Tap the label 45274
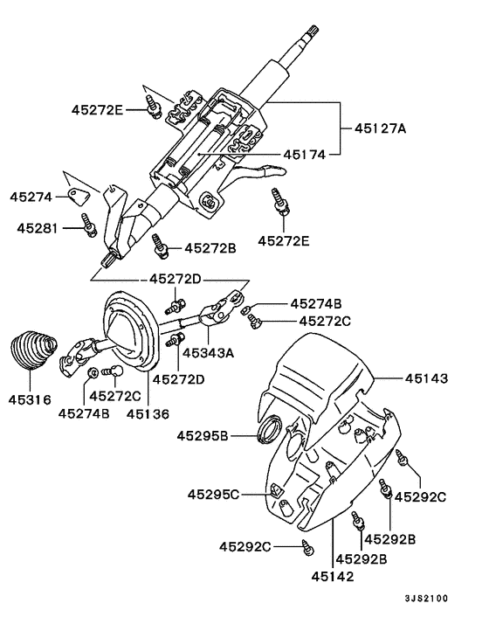[31, 198]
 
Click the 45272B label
[210, 248]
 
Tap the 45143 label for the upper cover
[426, 378]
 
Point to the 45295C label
[211, 494]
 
